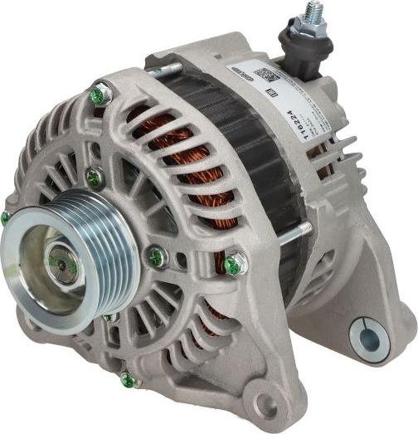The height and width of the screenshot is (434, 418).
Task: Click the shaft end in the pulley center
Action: [60, 261]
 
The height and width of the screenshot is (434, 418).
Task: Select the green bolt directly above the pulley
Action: [95, 177]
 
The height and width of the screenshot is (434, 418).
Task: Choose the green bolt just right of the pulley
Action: [156, 256]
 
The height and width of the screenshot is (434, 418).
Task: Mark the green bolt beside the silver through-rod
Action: [235, 264]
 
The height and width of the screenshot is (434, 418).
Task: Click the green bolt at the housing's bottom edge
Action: [127, 380]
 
